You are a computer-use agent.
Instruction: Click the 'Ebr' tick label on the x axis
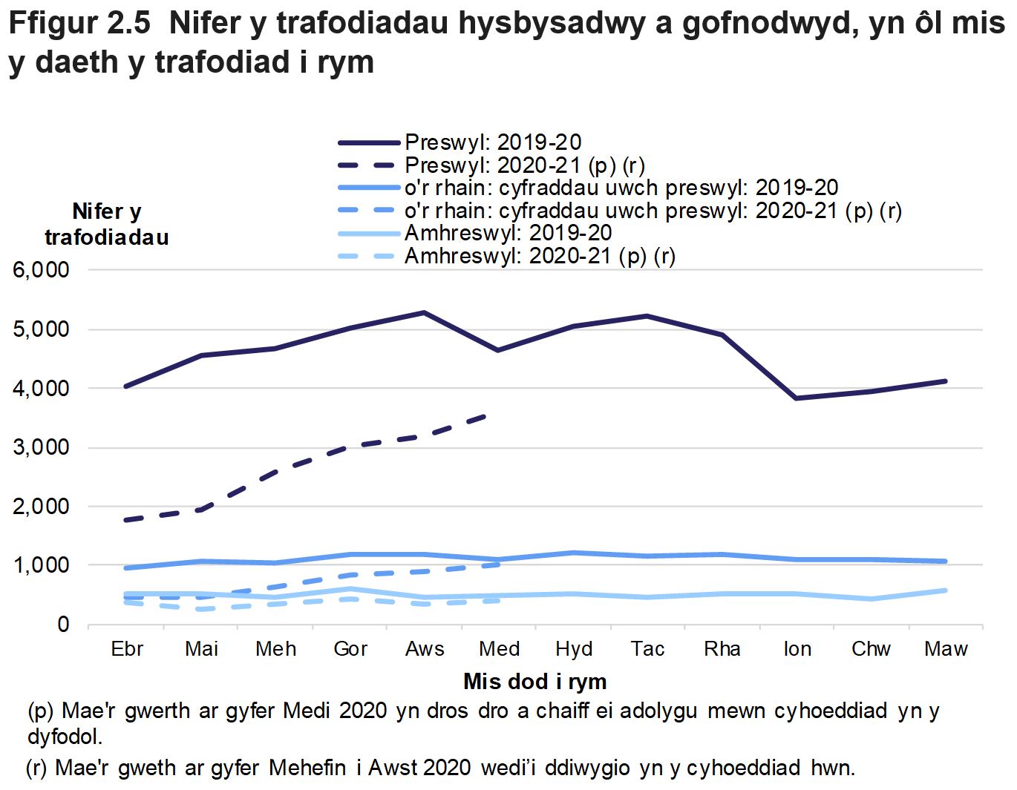pos(127,649)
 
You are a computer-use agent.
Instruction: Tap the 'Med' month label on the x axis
pos(499,649)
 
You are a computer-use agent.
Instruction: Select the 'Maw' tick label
pos(946,649)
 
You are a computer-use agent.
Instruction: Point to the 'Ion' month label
pos(797,649)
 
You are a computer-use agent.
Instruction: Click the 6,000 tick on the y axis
pos(42,270)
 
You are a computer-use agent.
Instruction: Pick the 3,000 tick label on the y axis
pos(42,447)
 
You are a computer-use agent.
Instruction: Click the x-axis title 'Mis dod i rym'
pos(534,681)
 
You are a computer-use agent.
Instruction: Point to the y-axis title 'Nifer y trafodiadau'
pos(107,224)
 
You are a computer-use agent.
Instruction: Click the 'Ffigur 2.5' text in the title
pos(79,24)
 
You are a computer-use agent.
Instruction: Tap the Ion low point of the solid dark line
pos(797,398)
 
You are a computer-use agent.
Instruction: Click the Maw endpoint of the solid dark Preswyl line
pos(946,381)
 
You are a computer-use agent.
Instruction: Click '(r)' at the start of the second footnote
pos(37,768)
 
